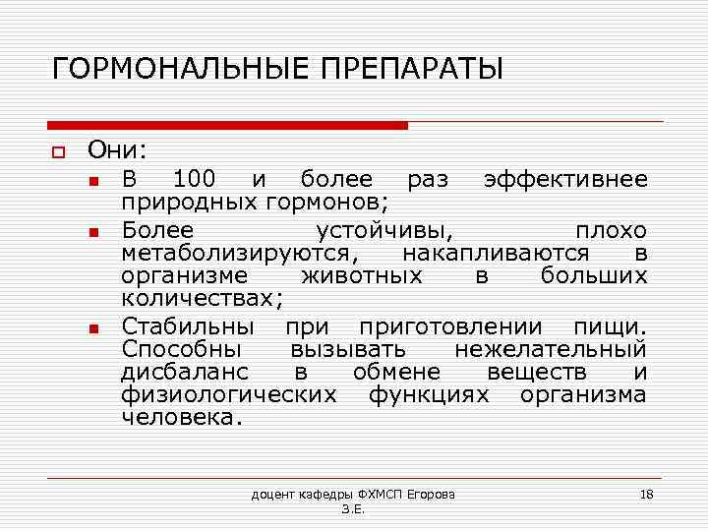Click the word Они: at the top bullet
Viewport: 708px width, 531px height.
pos(117,149)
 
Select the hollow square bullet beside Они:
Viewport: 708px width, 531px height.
pos(58,151)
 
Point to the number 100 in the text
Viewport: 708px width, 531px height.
pos(195,179)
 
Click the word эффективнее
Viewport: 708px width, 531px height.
pos(565,179)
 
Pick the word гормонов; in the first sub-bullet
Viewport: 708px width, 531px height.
pos(327,203)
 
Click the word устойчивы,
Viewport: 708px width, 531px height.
pos(384,230)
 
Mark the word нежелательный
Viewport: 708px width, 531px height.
pos(551,349)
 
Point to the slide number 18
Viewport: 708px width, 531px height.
pos(646,493)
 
